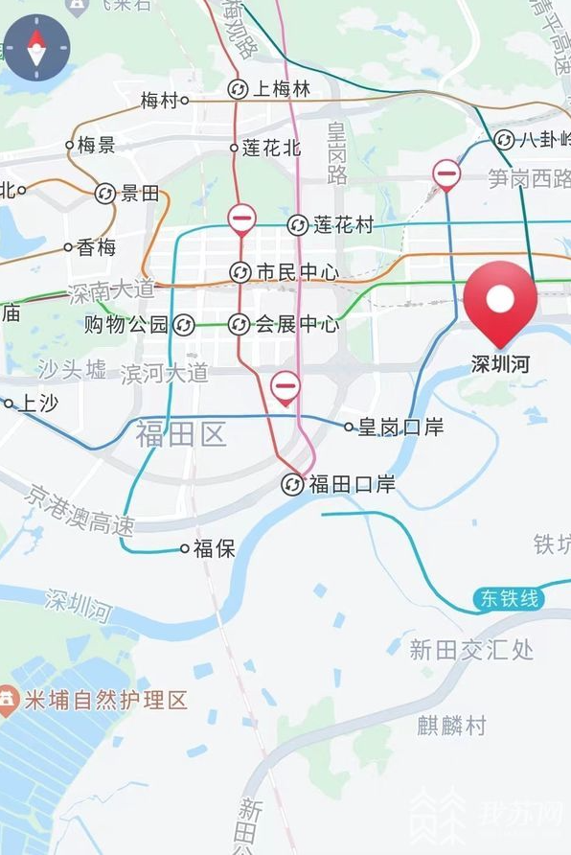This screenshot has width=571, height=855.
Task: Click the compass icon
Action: [36, 46]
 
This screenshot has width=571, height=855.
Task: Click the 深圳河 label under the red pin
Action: [499, 364]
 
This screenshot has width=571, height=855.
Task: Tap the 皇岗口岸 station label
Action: [400, 427]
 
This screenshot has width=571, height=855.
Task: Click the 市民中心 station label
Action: [297, 273]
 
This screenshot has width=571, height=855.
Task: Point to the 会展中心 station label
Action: [296, 325]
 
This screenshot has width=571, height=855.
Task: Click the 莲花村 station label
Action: [343, 225]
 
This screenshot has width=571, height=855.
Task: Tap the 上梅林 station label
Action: [282, 90]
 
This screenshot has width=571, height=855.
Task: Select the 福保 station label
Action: [214, 548]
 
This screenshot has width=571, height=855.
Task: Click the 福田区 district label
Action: [181, 434]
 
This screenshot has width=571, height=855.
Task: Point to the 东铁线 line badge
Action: [509, 600]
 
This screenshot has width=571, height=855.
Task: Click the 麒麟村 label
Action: [451, 725]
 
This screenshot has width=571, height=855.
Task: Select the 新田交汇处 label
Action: [471, 650]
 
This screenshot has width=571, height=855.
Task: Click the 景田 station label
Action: [140, 194]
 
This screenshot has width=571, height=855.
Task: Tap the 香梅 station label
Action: [96, 247]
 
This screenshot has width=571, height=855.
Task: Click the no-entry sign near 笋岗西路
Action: [446, 174]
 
